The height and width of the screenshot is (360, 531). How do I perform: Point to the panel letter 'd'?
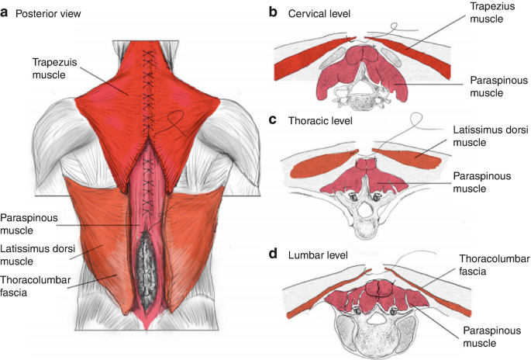273,254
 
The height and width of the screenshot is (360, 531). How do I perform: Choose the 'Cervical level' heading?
319,13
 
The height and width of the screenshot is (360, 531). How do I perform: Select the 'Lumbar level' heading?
318,254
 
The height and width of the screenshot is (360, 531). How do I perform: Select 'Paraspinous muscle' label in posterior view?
29,223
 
